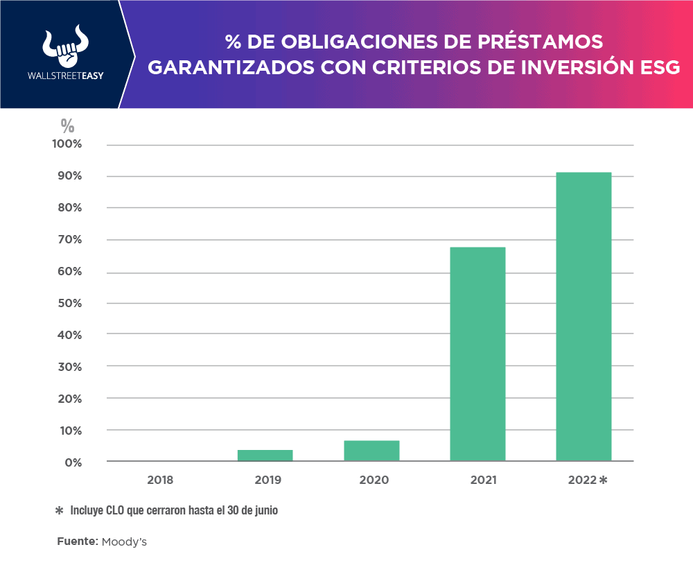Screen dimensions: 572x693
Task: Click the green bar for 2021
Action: click(x=477, y=354)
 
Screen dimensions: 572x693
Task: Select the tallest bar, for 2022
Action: click(x=584, y=316)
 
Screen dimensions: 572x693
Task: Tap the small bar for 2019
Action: click(x=265, y=456)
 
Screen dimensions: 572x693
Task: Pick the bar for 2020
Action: click(x=371, y=451)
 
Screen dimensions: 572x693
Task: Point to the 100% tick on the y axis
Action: click(x=69, y=144)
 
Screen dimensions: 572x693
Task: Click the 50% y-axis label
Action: click(x=69, y=303)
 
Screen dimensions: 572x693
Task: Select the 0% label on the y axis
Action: click(x=73, y=462)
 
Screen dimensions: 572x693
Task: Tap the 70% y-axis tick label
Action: click(x=69, y=240)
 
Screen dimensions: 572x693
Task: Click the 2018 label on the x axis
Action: click(x=160, y=480)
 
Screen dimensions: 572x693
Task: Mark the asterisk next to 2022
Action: click(x=603, y=480)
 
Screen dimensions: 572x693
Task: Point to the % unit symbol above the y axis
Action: click(x=67, y=125)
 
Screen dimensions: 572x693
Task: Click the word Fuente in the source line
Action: click(x=77, y=541)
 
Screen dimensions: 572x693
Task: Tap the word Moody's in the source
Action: click(x=124, y=541)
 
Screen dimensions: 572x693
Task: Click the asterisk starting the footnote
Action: click(x=59, y=510)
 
